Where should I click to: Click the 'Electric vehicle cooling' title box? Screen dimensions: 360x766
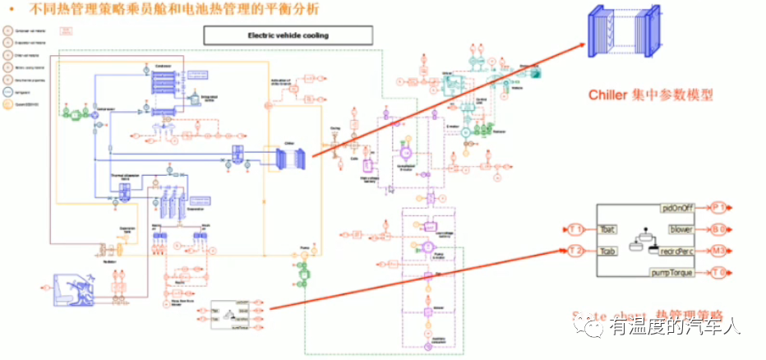(x=288, y=35)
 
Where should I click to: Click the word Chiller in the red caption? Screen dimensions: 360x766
(x=609, y=95)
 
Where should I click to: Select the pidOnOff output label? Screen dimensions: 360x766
(x=681, y=208)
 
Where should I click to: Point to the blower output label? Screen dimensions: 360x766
(x=683, y=229)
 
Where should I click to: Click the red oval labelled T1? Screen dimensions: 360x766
(x=576, y=229)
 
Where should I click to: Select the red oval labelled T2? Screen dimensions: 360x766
(x=576, y=251)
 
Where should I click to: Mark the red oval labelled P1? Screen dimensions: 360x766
(x=719, y=208)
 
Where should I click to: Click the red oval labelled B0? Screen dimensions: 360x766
(x=719, y=229)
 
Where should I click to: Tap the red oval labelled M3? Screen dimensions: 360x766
(x=719, y=251)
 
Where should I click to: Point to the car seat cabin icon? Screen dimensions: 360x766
(x=79, y=288)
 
